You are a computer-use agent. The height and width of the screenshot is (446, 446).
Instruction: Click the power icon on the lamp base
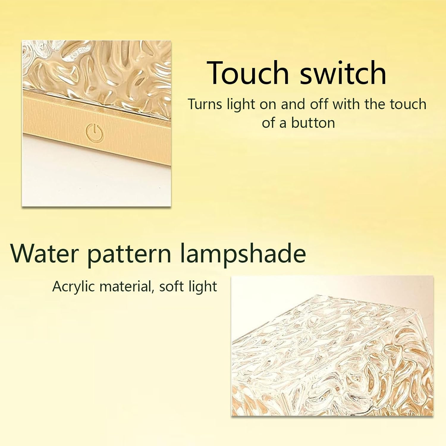[95, 133]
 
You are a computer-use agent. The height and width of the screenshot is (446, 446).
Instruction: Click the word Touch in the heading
[248, 73]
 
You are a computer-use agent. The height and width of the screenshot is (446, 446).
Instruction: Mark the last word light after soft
[203, 287]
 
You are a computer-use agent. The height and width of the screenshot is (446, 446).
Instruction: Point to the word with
[346, 104]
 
